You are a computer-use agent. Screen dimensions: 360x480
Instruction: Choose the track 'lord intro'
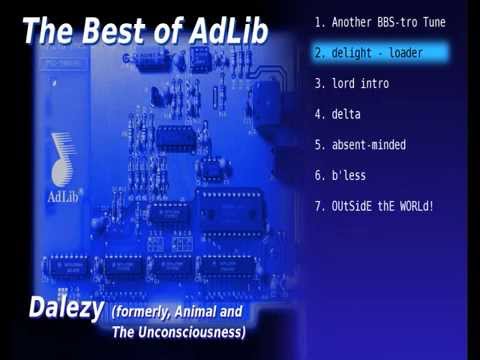point(361,83)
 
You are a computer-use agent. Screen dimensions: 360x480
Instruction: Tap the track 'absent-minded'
point(368,145)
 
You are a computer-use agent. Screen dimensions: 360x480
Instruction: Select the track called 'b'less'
point(351,176)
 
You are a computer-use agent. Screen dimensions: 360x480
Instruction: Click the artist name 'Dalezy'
point(65,309)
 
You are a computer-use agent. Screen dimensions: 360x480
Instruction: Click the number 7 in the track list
point(317,207)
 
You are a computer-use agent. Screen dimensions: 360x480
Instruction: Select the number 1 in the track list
point(317,21)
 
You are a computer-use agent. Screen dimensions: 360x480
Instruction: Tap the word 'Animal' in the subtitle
point(209,312)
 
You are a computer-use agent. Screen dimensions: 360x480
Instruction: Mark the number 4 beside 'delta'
point(317,114)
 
